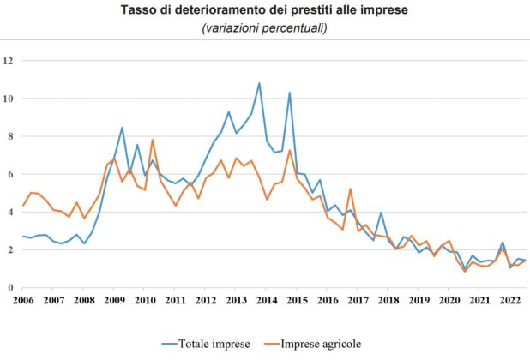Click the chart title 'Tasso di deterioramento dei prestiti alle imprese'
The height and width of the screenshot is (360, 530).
(264, 11)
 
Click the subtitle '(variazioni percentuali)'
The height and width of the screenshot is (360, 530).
(264, 28)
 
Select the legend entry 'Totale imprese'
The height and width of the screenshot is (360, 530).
(214, 344)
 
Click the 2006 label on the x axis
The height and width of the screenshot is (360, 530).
(23, 301)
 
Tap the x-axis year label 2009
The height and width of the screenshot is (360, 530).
(114, 301)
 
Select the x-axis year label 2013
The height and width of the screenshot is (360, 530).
(236, 301)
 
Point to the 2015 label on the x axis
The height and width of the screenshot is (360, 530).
(297, 301)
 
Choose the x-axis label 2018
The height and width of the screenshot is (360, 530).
(388, 301)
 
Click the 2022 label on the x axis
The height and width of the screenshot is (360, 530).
(509, 301)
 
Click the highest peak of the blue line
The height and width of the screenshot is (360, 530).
(259, 83)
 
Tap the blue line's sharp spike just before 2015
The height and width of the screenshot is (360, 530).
(289, 93)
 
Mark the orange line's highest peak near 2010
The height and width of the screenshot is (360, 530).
(153, 140)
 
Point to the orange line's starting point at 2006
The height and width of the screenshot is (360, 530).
(23, 206)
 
